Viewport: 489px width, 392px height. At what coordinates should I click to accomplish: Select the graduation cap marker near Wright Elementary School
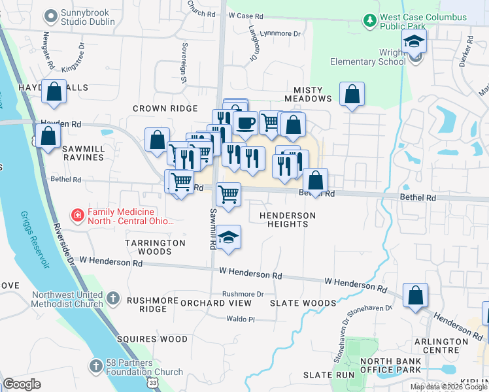(414, 42)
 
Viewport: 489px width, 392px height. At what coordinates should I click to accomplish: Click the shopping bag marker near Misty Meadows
(352, 95)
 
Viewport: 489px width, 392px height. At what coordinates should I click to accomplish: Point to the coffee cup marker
(245, 122)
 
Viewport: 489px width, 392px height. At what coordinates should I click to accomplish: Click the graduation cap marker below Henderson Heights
(229, 238)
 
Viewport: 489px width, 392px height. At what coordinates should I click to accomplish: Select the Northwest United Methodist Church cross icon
(113, 299)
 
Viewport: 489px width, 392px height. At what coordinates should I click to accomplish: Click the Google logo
(22, 384)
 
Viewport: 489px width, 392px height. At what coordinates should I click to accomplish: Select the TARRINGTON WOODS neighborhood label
(156, 247)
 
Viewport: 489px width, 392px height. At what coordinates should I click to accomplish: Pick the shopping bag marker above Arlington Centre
(415, 296)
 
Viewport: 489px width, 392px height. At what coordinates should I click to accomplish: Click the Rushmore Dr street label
(243, 294)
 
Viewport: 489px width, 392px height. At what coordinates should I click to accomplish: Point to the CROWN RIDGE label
(165, 108)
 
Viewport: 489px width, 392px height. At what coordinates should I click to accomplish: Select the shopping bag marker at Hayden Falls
(54, 92)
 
